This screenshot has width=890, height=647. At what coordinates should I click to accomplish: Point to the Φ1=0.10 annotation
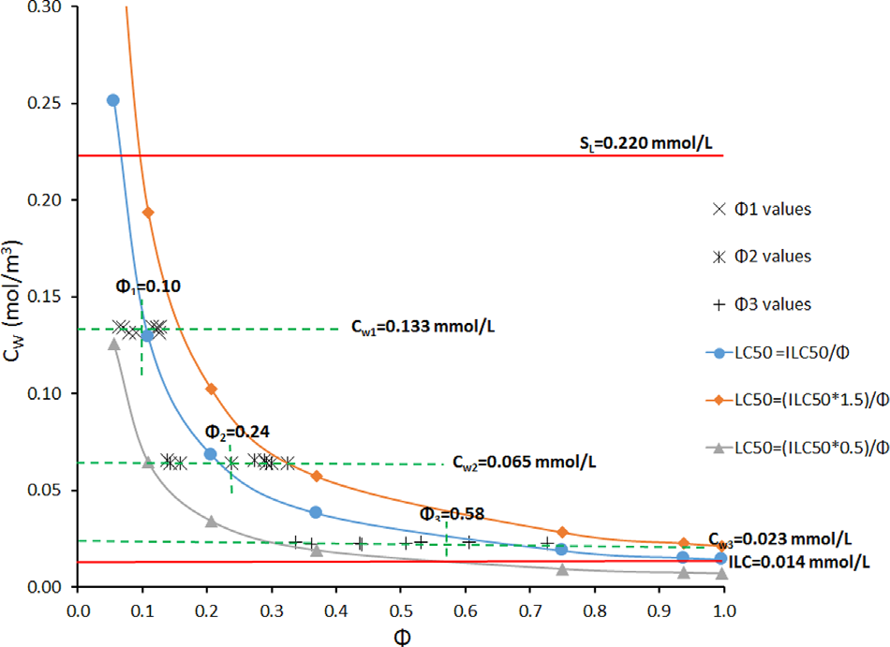point(147,287)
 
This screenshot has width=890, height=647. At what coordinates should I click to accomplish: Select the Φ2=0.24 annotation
point(238,432)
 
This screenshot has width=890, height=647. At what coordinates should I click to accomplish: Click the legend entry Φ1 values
point(764,210)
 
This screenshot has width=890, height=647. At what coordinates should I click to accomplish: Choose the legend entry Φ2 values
point(764,257)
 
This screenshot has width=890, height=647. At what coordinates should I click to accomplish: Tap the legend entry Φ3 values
point(764,304)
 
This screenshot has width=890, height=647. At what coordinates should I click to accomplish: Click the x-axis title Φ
point(399,635)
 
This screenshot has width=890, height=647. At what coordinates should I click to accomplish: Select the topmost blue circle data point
point(112,100)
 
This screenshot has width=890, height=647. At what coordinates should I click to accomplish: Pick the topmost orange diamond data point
point(147,213)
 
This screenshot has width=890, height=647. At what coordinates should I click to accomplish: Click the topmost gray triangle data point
point(113,344)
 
